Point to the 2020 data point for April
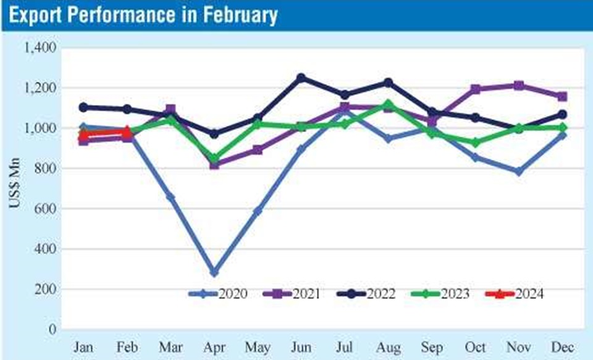(214, 272)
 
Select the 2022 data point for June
(301, 78)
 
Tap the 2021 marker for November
(519, 86)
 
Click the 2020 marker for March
(170, 197)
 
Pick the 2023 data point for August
(388, 104)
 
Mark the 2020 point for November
(519, 172)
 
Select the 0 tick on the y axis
(54, 330)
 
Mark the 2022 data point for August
(388, 83)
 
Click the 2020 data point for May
(258, 211)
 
